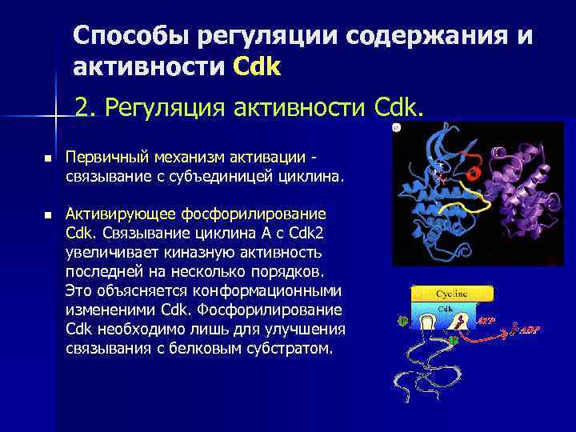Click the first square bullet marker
47,160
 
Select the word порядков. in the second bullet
295,271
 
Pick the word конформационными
274,290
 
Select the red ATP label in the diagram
486,321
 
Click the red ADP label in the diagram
530,330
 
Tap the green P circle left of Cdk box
402,322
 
